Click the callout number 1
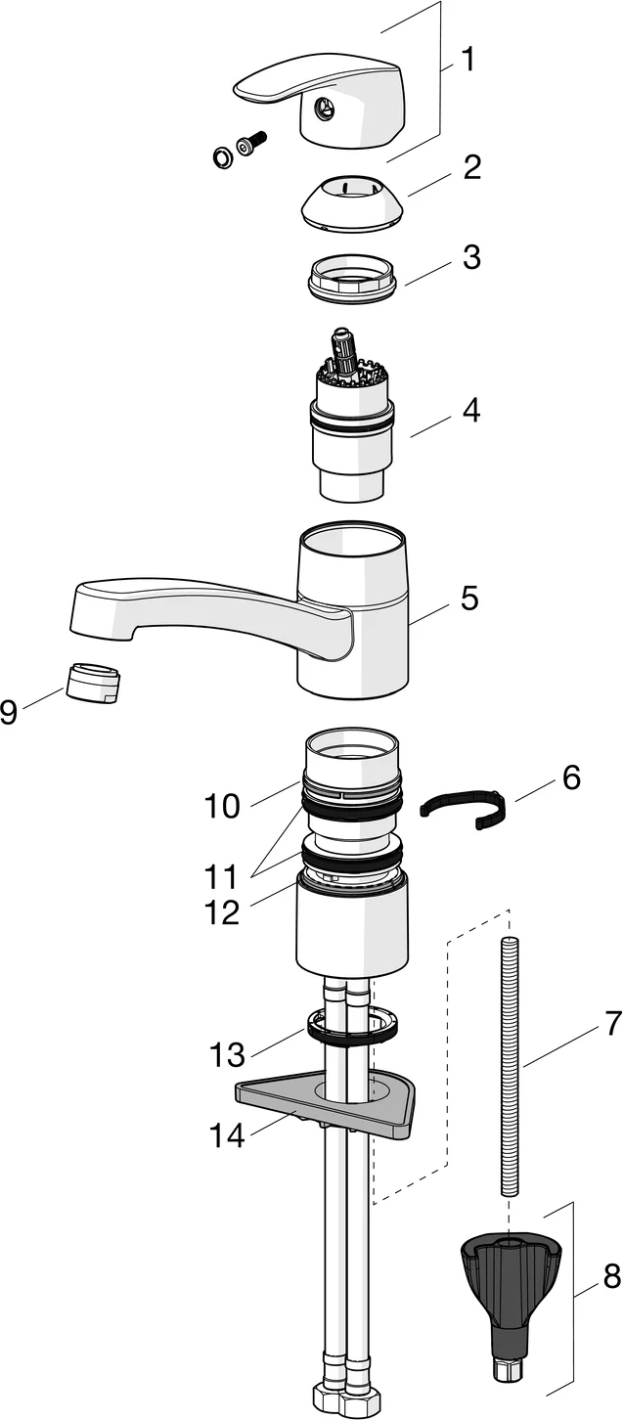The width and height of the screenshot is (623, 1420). (x=468, y=61)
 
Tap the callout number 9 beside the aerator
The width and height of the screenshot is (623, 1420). (x=10, y=712)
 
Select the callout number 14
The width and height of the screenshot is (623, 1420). (x=227, y=1136)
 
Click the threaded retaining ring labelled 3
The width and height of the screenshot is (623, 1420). (x=351, y=275)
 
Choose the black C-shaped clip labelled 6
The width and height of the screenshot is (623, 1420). (x=465, y=808)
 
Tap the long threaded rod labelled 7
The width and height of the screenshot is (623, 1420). (x=509, y=1066)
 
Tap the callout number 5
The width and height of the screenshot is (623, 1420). (x=470, y=598)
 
